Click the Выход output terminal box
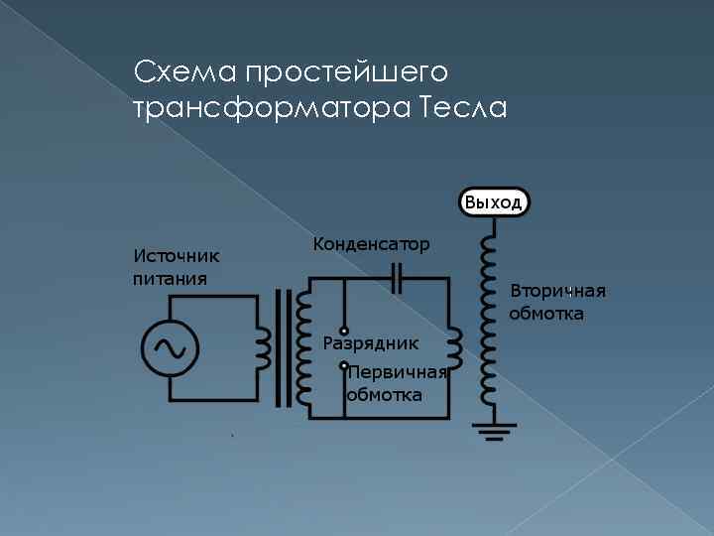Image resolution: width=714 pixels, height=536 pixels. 493,202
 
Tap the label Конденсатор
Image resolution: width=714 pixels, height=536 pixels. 371,244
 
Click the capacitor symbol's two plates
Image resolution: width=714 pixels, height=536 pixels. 397,279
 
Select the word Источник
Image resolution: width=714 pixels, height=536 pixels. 177,256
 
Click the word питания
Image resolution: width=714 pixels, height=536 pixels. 171,278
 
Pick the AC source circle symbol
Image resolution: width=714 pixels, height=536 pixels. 170,346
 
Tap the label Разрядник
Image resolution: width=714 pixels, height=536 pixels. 371,343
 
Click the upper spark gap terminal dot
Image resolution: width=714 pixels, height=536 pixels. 343,331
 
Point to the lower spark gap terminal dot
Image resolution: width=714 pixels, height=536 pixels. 343,365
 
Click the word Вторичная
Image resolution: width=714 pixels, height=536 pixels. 557,291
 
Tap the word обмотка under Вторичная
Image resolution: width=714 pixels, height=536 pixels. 546,314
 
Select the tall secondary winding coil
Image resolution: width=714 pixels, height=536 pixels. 488,318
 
